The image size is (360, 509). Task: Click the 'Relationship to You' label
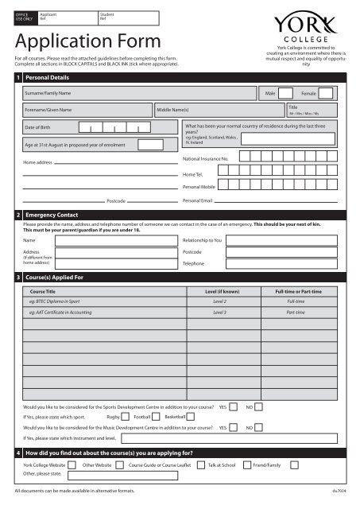point(203,239)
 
